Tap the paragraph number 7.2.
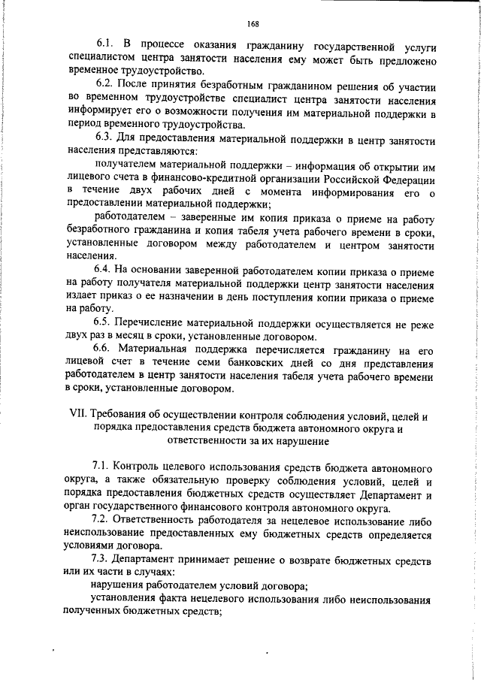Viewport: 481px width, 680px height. pyautogui.click(x=102, y=518)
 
